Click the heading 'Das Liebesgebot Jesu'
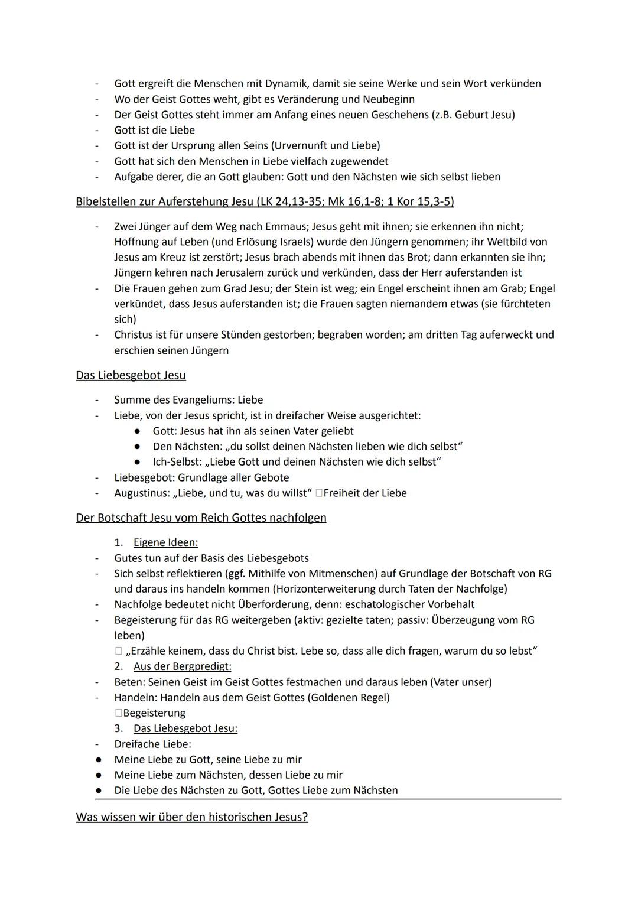click(x=131, y=375)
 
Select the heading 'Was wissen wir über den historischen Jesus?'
click(x=191, y=817)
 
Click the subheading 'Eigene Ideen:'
click(x=165, y=542)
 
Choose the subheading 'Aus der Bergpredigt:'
click(x=182, y=666)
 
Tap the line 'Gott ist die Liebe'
click(x=154, y=130)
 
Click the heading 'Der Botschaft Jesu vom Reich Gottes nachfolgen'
click(x=201, y=518)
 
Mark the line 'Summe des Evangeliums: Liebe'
click(x=188, y=400)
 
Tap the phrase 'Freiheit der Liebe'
click(x=365, y=493)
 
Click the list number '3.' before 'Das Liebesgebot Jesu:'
click(x=119, y=728)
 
